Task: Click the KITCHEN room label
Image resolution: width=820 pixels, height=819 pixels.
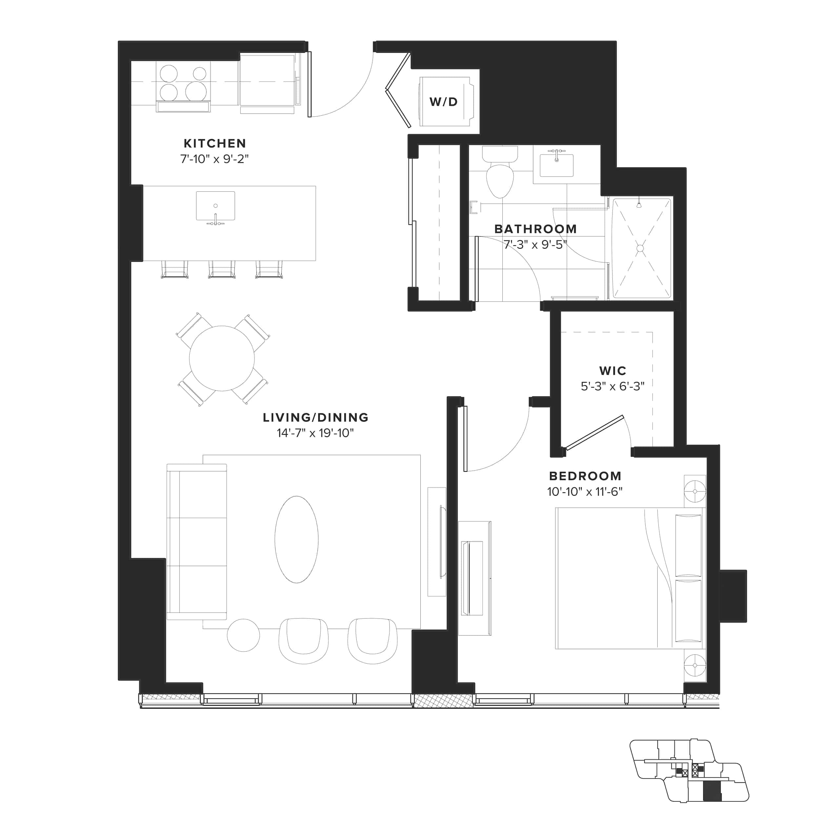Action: (214, 143)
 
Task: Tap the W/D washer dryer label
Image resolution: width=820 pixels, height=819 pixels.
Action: (444, 102)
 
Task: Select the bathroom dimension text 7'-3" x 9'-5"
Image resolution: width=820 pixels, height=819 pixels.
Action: (535, 245)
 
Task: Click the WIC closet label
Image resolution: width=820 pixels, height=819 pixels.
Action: (612, 371)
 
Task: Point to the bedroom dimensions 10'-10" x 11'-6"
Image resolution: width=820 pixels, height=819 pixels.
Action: (585, 492)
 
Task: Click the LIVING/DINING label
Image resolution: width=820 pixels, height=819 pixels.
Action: (315, 417)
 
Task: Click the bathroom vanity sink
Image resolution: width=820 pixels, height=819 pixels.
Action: (556, 164)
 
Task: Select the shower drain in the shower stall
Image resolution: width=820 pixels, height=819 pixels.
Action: (640, 248)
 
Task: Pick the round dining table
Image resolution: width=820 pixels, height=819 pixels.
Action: (222, 358)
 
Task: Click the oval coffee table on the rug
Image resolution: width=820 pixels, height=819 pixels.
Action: (296, 540)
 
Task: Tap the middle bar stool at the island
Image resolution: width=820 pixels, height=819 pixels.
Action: (222, 269)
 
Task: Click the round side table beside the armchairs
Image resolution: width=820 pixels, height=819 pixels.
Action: (243, 635)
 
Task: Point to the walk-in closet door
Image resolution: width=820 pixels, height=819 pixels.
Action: (594, 432)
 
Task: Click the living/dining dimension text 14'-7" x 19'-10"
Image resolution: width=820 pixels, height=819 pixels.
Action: (315, 433)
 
